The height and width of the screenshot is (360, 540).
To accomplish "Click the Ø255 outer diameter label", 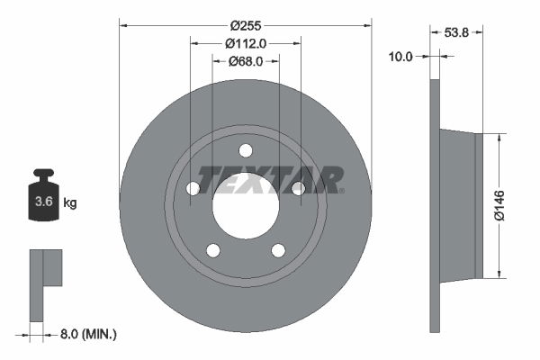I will click(x=246, y=26).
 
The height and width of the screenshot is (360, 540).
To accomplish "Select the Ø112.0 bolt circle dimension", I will click(x=246, y=43).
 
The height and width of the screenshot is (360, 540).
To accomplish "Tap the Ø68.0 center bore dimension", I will click(x=245, y=61).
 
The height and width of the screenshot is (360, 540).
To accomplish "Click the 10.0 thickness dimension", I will click(x=400, y=56).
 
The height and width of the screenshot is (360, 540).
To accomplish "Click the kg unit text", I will click(x=70, y=203).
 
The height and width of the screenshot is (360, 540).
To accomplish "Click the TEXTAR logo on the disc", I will click(x=270, y=180).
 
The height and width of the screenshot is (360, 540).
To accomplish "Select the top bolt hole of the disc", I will click(x=246, y=150).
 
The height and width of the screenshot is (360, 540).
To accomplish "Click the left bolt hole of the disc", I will click(x=193, y=188).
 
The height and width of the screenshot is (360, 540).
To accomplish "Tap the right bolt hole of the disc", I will click(x=298, y=187).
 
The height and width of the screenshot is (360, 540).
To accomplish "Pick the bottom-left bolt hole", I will click(x=213, y=250).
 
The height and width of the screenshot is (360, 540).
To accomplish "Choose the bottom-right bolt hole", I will click(x=278, y=250).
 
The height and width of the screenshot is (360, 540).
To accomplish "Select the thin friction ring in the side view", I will click(x=436, y=205).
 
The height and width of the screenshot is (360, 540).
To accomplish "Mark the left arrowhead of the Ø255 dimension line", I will click(x=122, y=26).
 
